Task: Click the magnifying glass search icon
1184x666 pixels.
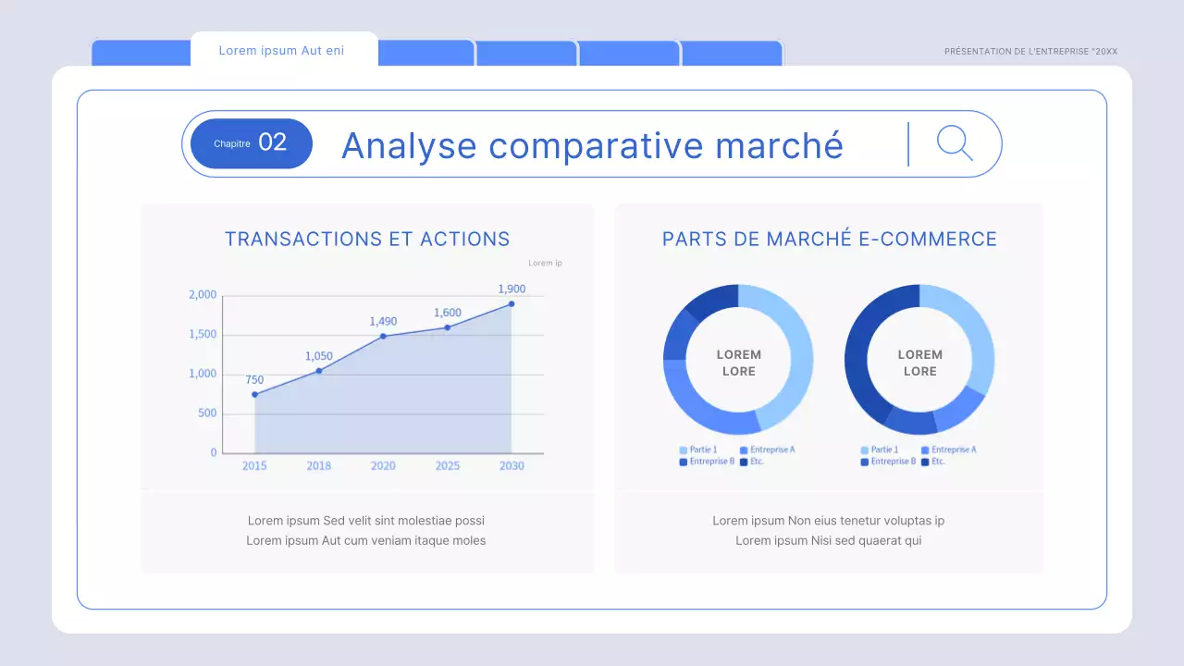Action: click(x=954, y=143)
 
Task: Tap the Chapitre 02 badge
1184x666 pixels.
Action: click(x=251, y=143)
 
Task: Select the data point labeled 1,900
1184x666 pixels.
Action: click(x=512, y=303)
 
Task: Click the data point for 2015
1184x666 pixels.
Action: click(x=254, y=395)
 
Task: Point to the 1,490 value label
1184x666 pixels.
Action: click(x=383, y=322)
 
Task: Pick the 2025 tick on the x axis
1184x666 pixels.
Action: click(x=448, y=466)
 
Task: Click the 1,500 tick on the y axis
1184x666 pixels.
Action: click(x=203, y=334)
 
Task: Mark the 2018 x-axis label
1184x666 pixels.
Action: click(x=319, y=466)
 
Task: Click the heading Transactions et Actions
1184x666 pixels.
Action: click(x=367, y=239)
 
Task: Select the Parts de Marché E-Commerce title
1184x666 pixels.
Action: click(x=830, y=239)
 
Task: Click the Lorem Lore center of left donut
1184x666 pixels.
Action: click(x=738, y=363)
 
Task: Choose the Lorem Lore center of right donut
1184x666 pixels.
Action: click(x=919, y=363)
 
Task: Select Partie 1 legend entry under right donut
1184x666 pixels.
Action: click(x=882, y=450)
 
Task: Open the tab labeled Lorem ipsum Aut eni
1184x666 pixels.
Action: click(x=281, y=51)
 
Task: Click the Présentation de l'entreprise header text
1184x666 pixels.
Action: click(x=1030, y=52)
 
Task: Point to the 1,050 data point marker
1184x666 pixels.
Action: click(x=319, y=371)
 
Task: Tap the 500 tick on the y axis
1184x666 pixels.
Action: click(x=206, y=413)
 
